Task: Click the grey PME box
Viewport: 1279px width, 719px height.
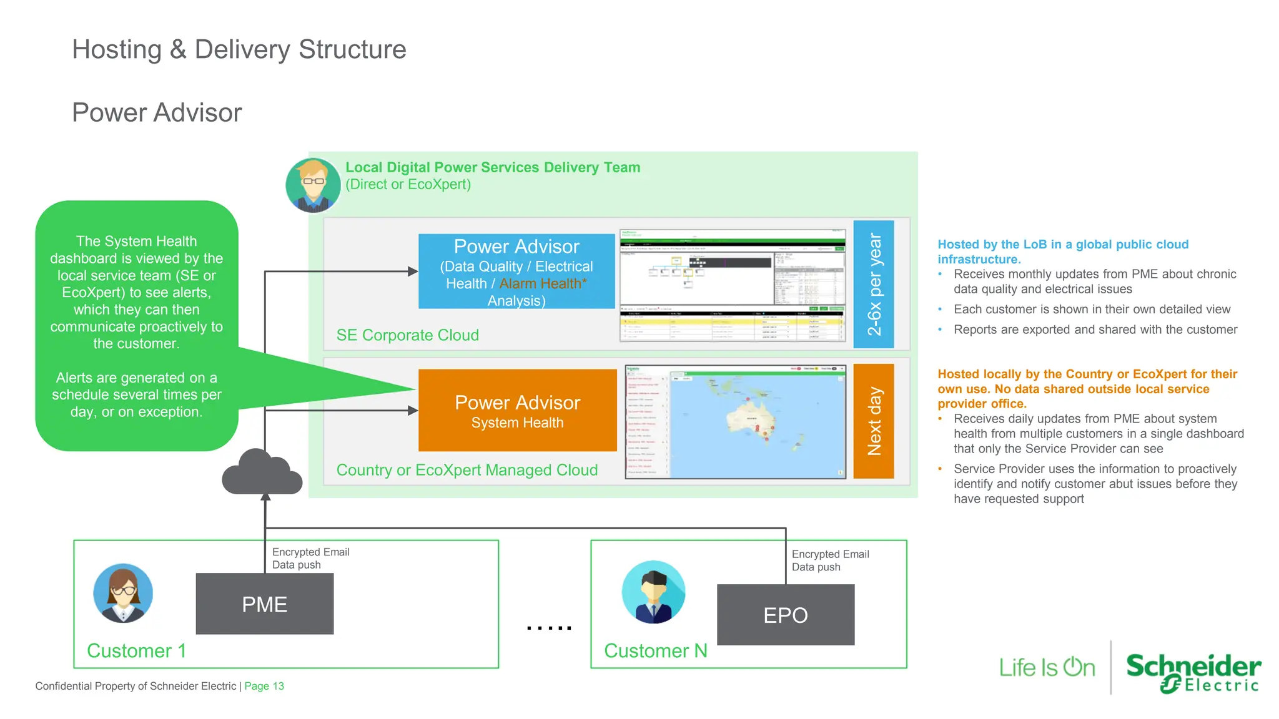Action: click(264, 604)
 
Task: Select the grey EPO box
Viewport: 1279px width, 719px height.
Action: click(785, 615)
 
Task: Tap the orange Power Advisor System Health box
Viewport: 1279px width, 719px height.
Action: click(517, 410)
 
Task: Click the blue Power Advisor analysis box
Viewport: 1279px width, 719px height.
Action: click(516, 271)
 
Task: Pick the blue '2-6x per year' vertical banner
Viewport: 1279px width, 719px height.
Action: click(873, 284)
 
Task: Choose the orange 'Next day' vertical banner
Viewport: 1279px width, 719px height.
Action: click(873, 421)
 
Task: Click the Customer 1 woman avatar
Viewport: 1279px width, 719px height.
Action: click(123, 593)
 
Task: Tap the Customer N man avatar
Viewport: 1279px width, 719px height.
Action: click(653, 592)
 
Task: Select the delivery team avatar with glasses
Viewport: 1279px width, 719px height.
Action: click(313, 185)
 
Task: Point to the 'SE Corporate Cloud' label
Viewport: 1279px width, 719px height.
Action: click(407, 335)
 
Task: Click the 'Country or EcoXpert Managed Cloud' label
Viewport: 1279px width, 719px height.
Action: click(467, 470)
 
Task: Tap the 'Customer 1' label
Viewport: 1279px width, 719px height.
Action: click(136, 650)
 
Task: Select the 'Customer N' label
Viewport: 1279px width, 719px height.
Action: click(655, 650)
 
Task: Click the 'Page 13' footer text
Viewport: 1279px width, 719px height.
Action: click(264, 686)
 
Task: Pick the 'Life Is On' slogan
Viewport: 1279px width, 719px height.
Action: click(1047, 667)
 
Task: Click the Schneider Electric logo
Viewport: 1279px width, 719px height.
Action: click(1193, 672)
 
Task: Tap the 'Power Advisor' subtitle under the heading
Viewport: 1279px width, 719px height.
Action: click(157, 112)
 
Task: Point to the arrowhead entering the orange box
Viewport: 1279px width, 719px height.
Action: click(413, 410)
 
